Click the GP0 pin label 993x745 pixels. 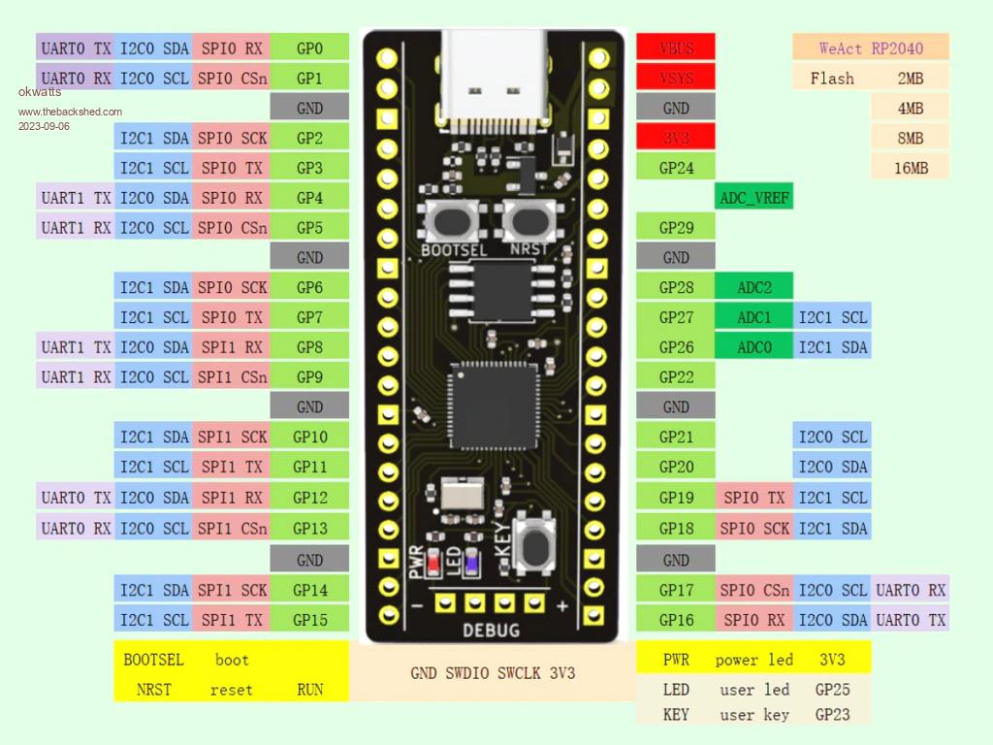[x=309, y=48]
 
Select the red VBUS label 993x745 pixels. [x=676, y=48]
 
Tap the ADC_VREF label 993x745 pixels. [x=754, y=198]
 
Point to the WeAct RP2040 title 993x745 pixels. [x=870, y=48]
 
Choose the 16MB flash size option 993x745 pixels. [x=911, y=168]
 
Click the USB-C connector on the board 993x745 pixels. [x=494, y=64]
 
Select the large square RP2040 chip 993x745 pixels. [x=493, y=402]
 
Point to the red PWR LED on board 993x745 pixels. [x=451, y=562]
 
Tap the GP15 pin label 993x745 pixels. [x=309, y=620]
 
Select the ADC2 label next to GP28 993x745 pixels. [x=754, y=287]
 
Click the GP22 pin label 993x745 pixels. [x=676, y=376]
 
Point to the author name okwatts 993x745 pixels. [x=40, y=92]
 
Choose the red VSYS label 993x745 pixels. [x=676, y=78]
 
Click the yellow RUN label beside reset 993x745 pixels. [x=309, y=690]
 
